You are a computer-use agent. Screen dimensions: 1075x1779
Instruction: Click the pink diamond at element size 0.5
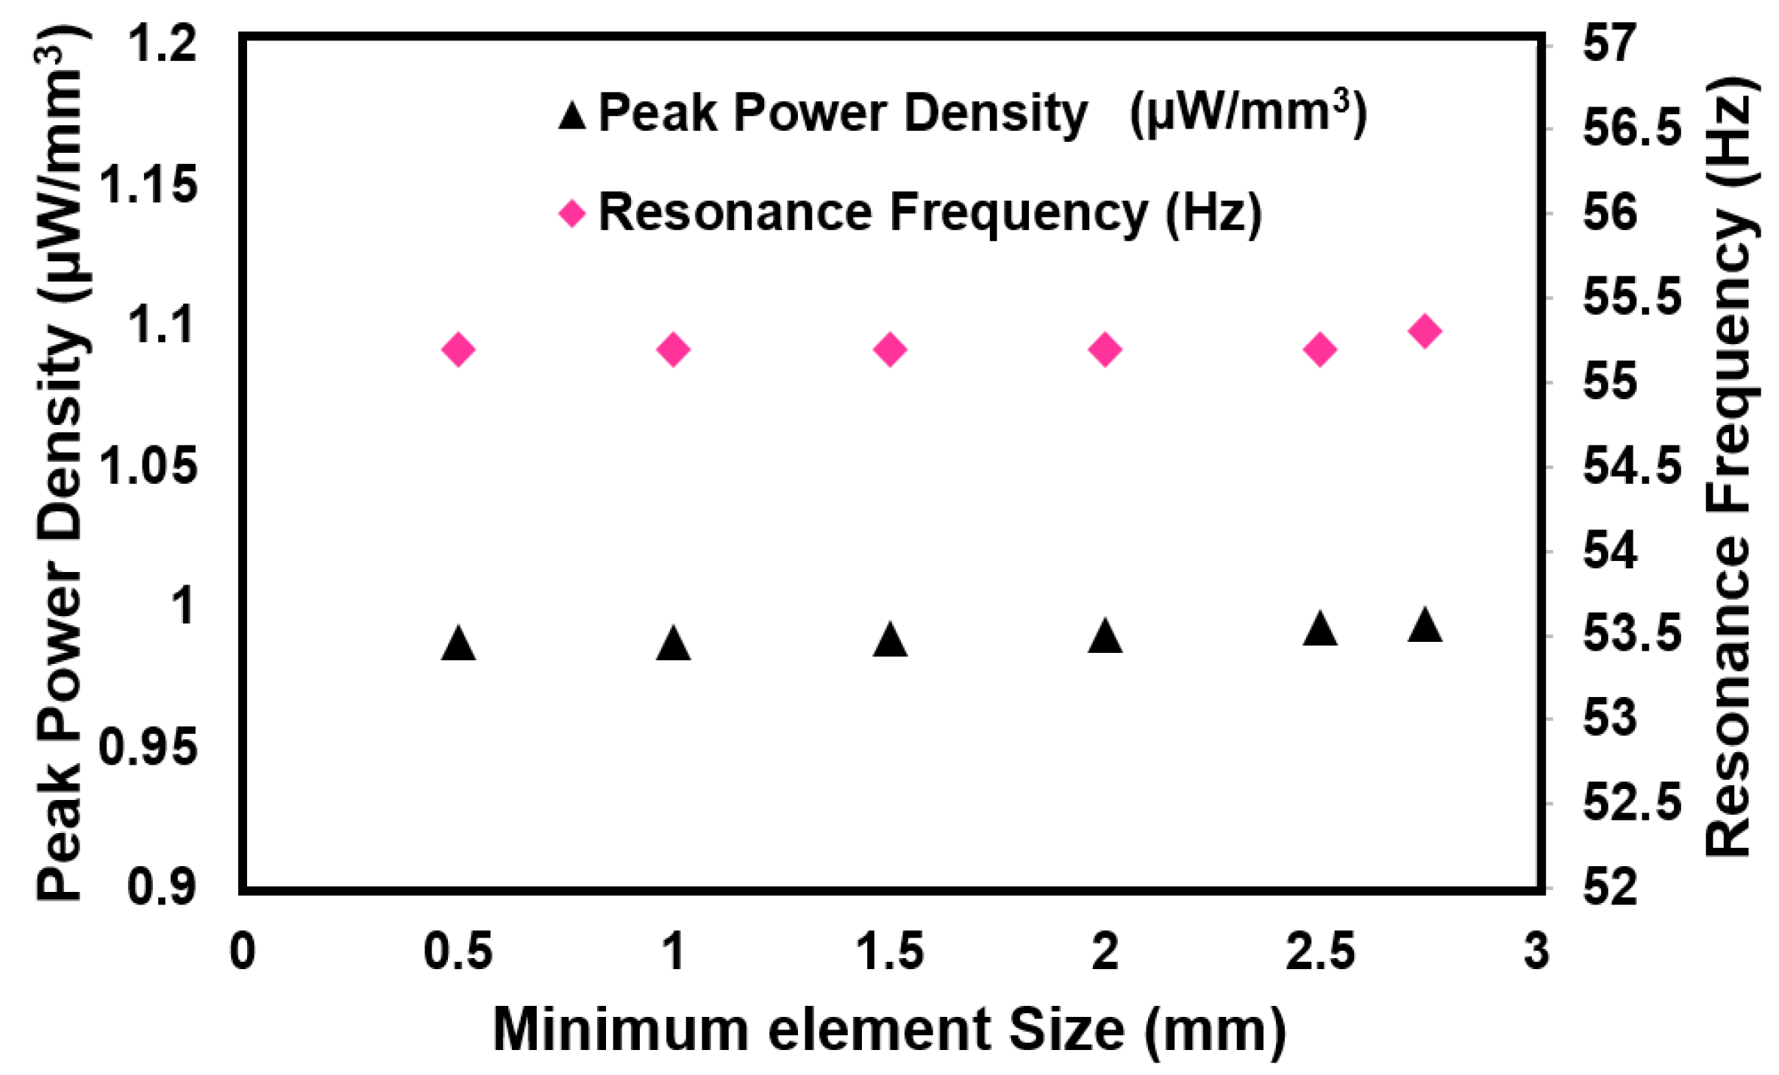pos(458,349)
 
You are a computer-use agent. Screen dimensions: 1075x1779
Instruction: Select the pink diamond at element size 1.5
pos(890,349)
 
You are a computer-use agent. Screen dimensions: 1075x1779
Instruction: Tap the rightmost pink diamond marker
pos(1425,331)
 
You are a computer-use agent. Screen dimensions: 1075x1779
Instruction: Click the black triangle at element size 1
pos(674,645)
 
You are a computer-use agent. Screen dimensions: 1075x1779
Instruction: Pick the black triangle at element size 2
pos(1105,637)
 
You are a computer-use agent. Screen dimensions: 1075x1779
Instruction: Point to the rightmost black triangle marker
pos(1425,626)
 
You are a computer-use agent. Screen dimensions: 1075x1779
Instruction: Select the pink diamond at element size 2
pos(1105,349)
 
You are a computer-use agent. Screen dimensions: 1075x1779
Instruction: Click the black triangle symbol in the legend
pos(572,116)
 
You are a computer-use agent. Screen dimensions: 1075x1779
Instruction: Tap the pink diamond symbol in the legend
pos(572,214)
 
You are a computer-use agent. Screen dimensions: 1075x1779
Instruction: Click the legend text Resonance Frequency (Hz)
pos(930,213)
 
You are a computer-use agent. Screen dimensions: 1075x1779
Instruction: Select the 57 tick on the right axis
pos(1611,43)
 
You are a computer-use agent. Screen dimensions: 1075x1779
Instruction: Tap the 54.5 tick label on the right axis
pos(1632,466)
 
